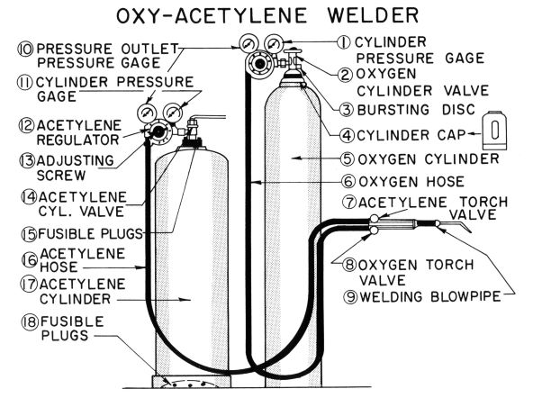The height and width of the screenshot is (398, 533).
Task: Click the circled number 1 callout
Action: [344, 43]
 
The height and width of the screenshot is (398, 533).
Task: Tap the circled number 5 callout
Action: [348, 159]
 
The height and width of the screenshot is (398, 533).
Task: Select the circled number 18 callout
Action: [30, 321]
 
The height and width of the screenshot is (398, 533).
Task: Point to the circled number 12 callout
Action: [26, 125]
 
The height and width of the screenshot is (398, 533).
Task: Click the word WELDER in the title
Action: [373, 15]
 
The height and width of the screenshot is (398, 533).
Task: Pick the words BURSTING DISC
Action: [416, 110]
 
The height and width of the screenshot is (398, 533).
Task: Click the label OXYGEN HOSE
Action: [411, 182]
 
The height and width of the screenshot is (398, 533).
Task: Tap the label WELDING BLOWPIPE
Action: [430, 297]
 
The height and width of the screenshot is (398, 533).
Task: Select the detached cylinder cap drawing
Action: [494, 131]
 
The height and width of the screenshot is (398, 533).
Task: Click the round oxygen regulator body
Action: [260, 63]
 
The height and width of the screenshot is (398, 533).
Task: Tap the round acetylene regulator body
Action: [158, 131]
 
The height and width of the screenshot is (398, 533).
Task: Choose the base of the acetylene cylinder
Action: [192, 382]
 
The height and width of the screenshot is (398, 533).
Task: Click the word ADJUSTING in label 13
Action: [75, 160]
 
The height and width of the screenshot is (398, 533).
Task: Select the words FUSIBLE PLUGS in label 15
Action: [90, 234]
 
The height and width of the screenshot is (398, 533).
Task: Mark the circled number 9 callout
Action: [350, 297]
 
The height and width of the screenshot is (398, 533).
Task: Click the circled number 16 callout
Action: [30, 260]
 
